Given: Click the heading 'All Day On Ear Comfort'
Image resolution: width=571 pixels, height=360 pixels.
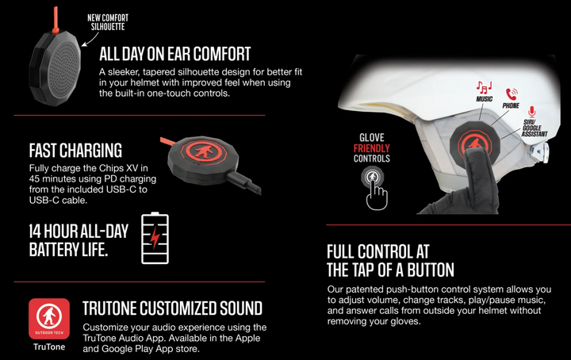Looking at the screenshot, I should click(174, 55).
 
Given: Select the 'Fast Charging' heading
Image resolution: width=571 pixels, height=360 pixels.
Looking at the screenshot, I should click(75, 151).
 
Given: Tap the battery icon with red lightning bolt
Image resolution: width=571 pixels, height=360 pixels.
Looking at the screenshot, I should click(155, 237).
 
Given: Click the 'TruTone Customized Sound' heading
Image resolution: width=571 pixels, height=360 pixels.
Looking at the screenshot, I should click(172, 308).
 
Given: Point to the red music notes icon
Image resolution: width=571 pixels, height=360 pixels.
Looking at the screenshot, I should click(484, 86).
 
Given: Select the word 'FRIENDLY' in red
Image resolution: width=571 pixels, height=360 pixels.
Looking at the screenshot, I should click(371, 147).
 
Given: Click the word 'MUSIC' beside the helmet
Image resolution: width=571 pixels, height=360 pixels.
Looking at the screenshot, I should click(484, 100).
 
